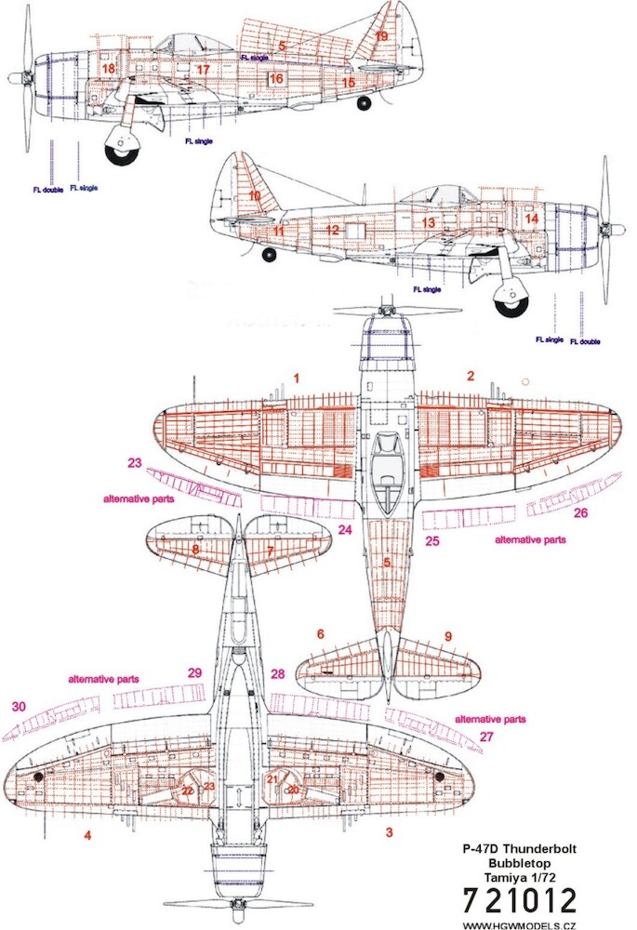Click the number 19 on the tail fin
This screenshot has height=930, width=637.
pos(381,35)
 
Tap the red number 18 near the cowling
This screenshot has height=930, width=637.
pos(109,69)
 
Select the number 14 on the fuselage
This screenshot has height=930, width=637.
pos(531,219)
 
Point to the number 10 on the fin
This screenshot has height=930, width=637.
pos(255,196)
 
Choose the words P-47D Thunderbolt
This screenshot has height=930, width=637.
pos(519,849)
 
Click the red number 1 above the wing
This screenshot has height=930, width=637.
pos(297,379)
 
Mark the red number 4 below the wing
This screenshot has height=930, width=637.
pos(87,834)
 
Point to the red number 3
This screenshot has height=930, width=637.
pos(390,832)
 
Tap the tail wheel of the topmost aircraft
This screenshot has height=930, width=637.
pos(364,103)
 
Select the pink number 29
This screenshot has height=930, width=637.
pos(194,672)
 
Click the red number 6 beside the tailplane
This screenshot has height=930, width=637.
pos(321,633)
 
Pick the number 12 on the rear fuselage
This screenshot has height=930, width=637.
pos(332,229)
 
